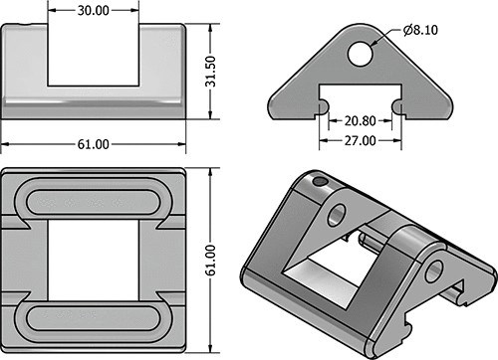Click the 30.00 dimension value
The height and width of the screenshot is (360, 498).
coord(94,11)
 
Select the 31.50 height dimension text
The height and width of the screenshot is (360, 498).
coord(210,72)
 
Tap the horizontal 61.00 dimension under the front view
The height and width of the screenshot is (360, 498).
coord(94,144)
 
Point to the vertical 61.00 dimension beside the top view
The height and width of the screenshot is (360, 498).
coord(210,261)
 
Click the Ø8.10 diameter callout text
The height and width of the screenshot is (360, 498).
coord(420,30)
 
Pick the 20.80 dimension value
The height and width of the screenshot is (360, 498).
coord(361,121)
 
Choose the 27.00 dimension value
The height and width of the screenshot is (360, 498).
coord(361,141)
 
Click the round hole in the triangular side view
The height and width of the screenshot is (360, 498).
coord(361,54)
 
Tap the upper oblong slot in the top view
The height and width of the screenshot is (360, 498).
coord(93,202)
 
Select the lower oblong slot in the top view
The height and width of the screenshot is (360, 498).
coord(93,318)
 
